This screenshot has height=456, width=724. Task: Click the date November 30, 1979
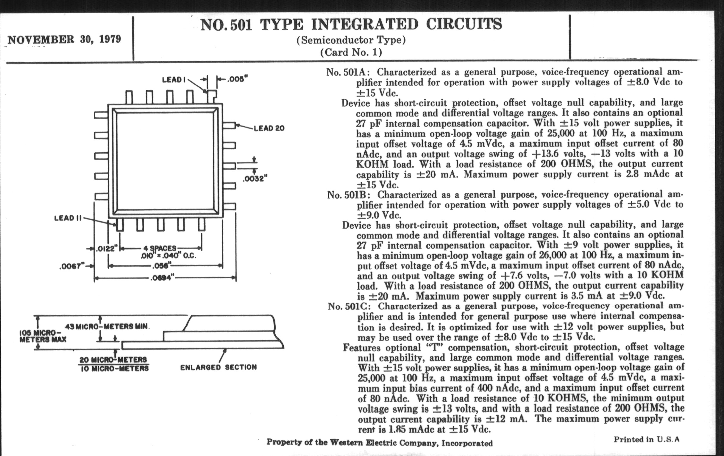[x=64, y=39]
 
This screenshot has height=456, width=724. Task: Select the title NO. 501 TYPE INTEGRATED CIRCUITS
[x=351, y=24]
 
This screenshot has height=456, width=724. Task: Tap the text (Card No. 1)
[x=351, y=52]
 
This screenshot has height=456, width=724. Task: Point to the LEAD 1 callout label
[x=173, y=80]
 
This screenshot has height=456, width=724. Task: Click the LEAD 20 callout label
[x=269, y=128]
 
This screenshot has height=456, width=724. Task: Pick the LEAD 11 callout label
[x=68, y=218]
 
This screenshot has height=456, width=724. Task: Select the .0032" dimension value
[x=255, y=179]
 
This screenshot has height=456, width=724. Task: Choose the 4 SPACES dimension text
[x=160, y=248]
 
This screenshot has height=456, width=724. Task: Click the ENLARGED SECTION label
[x=218, y=367]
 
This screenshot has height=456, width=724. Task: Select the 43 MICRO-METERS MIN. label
[x=107, y=327]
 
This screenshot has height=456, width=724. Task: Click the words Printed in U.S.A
[x=646, y=439]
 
